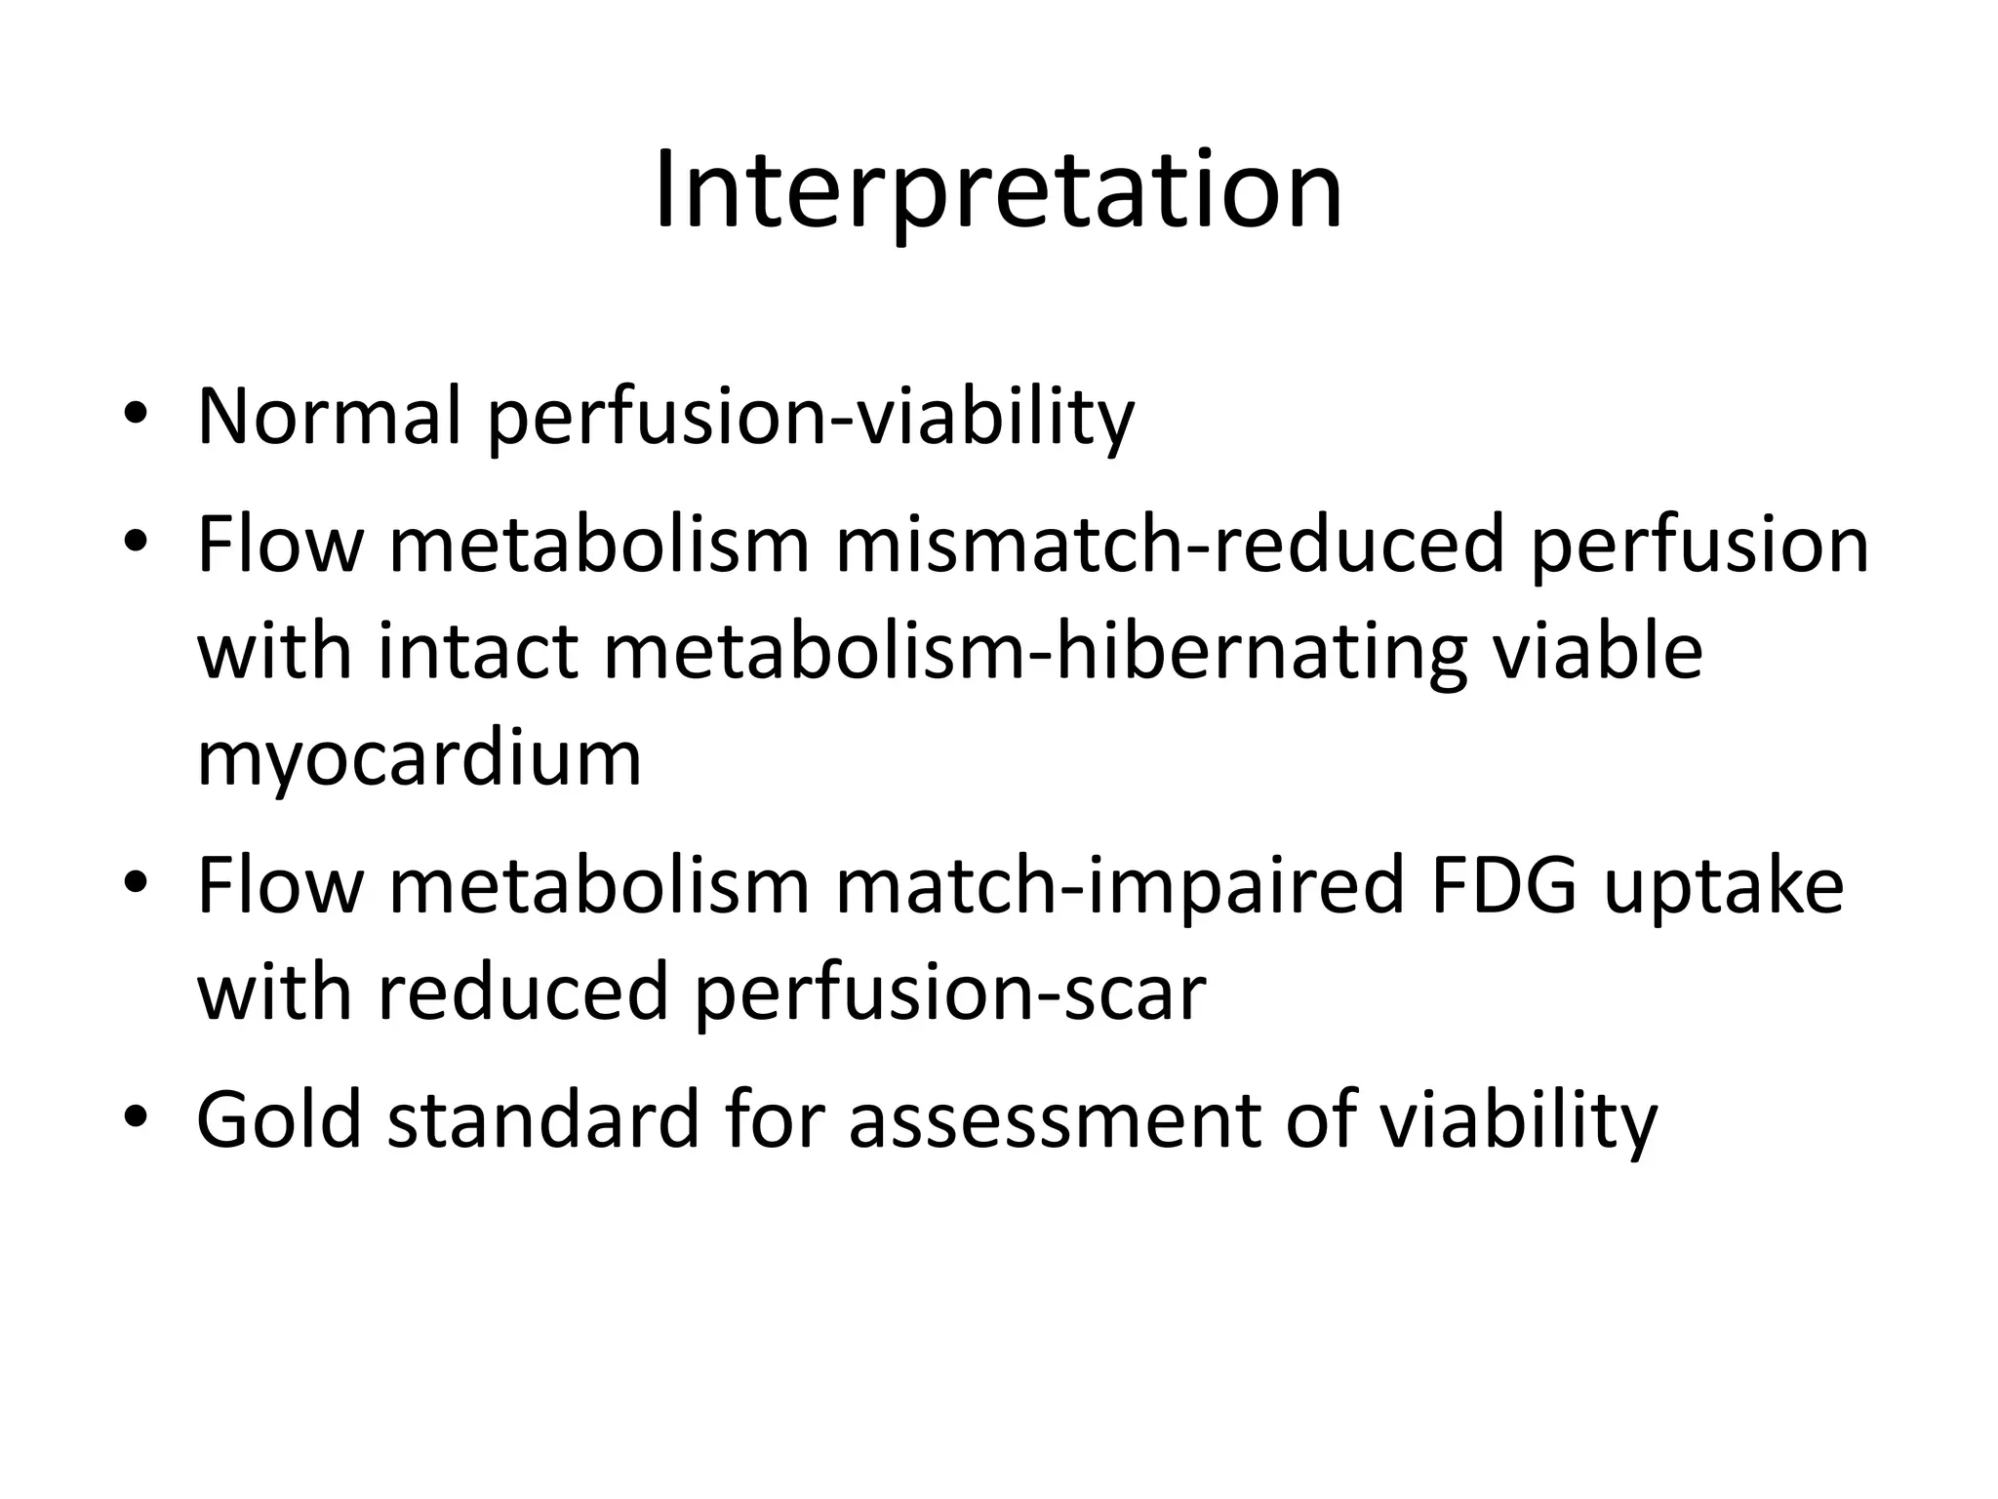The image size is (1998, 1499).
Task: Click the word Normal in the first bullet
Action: pos(329,417)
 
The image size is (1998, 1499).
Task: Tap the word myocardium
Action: pos(420,758)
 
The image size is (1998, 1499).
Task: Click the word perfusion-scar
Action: pos(950,993)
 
